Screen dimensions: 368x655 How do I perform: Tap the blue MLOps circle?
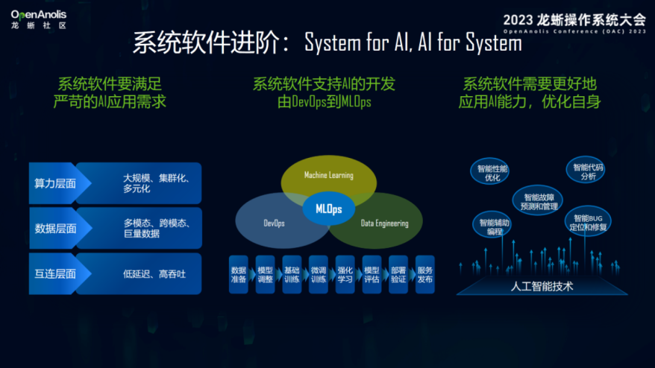pyautogui.click(x=328, y=209)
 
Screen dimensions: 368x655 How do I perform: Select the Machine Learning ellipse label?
pyautogui.click(x=328, y=175)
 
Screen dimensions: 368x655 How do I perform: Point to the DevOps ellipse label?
pyautogui.click(x=274, y=223)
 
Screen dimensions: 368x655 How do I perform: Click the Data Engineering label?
pyautogui.click(x=384, y=223)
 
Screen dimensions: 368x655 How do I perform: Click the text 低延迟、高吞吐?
pyautogui.click(x=154, y=274)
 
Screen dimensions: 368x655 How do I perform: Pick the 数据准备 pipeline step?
pyautogui.click(x=239, y=275)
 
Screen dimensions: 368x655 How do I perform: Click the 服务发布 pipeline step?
pyautogui.click(x=424, y=275)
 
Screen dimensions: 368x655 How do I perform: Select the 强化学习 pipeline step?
pyautogui.click(x=345, y=275)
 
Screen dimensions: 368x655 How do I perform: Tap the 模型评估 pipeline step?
pyautogui.click(x=372, y=275)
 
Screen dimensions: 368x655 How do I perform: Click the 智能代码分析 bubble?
pyautogui.click(x=587, y=172)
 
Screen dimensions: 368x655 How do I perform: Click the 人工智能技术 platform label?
pyautogui.click(x=542, y=286)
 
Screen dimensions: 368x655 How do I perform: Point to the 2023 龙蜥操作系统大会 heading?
pyautogui.click(x=574, y=19)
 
